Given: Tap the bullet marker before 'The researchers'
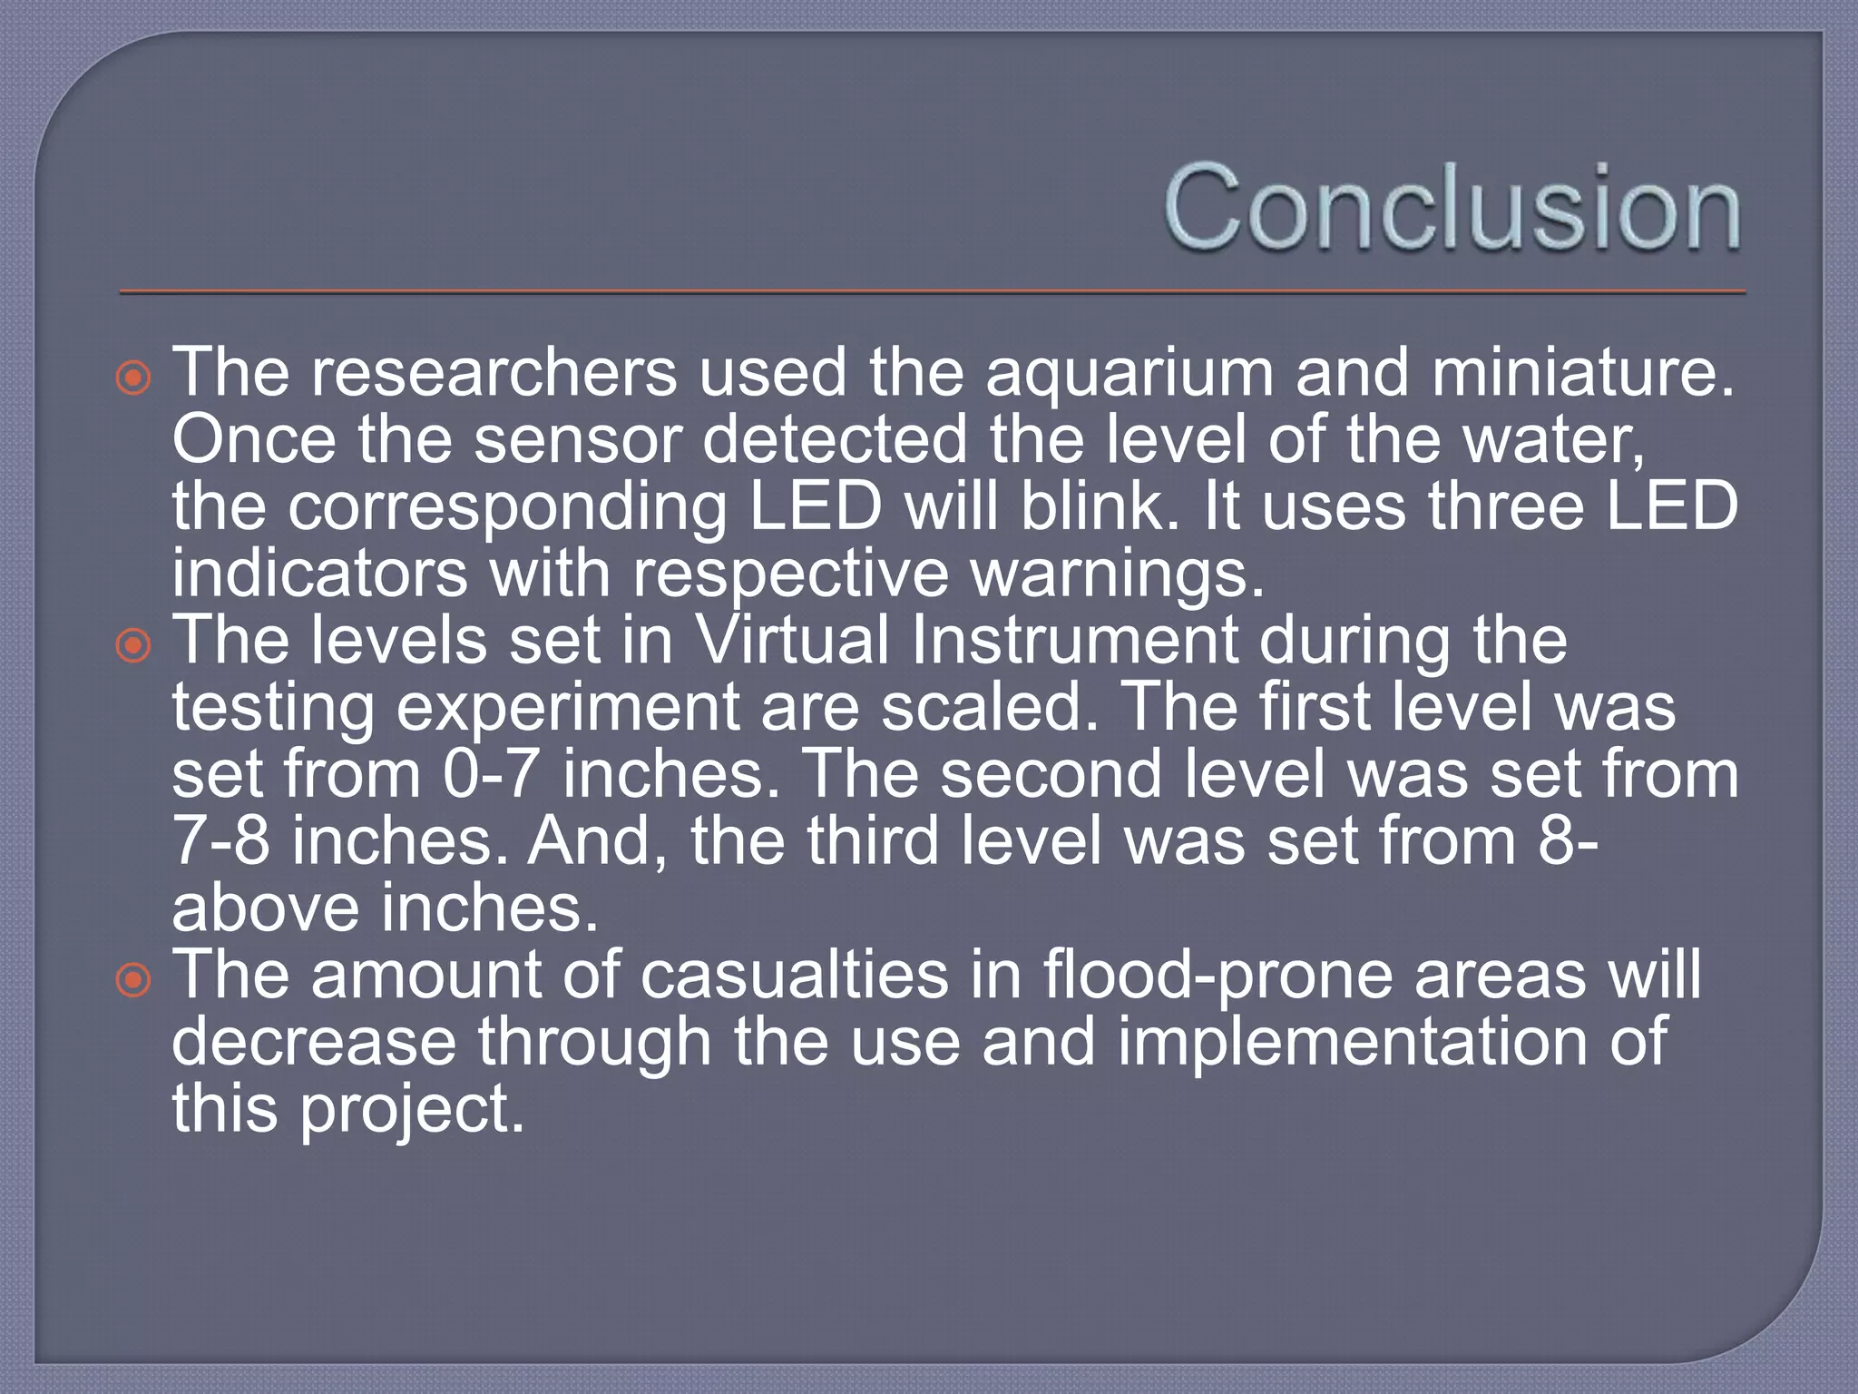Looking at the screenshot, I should [134, 377].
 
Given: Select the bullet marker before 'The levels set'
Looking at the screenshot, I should [134, 645].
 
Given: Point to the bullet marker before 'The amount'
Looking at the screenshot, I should [134, 980].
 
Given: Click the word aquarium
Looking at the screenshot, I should [1129, 374].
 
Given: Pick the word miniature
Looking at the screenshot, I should [1582, 372].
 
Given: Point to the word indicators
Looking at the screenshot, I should [319, 574].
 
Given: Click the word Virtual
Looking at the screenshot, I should [791, 640].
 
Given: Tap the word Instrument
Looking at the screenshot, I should [1075, 640].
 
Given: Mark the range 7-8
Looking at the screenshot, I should [221, 840].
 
